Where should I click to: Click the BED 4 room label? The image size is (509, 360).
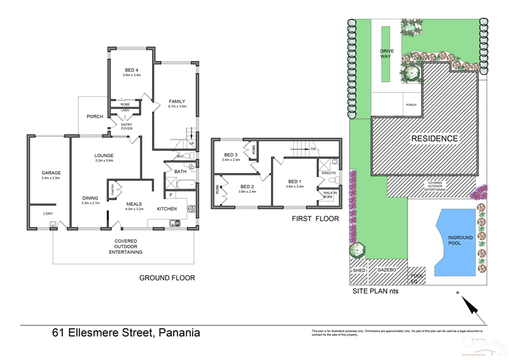131,69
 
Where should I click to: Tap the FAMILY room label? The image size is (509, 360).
177,102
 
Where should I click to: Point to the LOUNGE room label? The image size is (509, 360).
104,155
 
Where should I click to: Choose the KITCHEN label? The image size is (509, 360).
167,209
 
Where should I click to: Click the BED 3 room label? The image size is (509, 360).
230,155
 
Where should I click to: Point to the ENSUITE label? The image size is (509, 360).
328,173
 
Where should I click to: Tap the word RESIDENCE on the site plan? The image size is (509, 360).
434,139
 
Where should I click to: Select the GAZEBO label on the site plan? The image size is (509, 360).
387,270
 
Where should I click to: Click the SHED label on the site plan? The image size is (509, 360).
359,270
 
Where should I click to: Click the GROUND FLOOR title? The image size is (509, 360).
167,278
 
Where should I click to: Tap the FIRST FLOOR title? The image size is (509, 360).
314,219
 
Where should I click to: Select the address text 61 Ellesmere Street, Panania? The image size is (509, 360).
126,333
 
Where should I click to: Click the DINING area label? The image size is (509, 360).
90,198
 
